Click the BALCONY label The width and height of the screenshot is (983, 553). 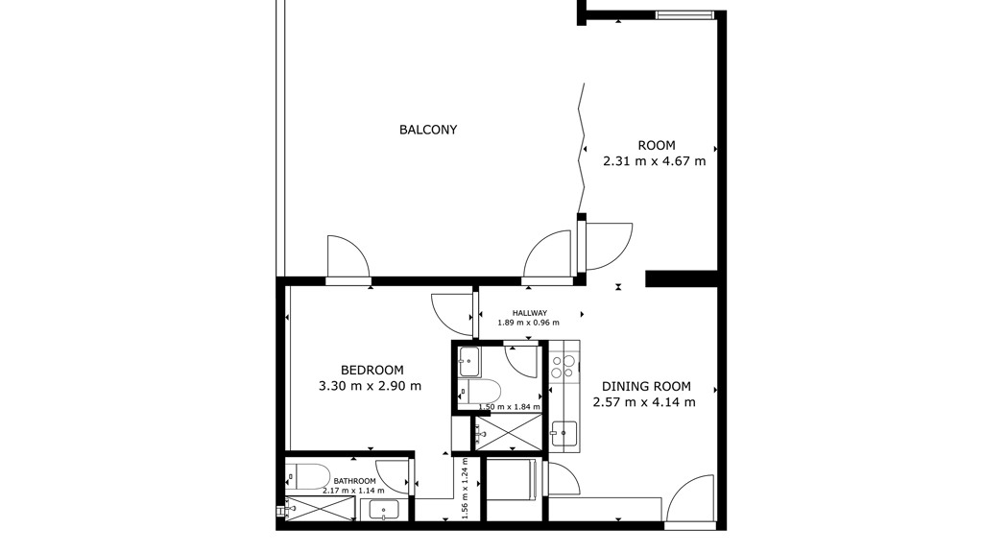(428, 130)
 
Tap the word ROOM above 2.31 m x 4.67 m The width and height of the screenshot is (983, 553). (657, 146)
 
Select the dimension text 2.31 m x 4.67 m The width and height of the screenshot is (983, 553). (655, 161)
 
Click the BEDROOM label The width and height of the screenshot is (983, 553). (372, 370)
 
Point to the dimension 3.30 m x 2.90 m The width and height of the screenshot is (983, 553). (370, 386)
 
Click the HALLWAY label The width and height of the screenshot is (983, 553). (530, 313)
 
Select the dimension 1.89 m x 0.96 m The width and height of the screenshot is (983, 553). (529, 323)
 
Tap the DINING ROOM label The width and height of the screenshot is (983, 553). (646, 386)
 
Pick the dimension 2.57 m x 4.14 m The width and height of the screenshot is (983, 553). (644, 402)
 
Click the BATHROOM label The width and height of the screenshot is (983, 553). (355, 481)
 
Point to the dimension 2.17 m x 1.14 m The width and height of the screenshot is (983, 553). (354, 491)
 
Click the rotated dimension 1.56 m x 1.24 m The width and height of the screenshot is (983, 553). (466, 489)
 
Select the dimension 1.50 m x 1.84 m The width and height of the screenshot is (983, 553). (509, 406)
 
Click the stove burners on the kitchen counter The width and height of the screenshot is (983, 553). (563, 367)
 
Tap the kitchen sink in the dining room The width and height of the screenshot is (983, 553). (563, 433)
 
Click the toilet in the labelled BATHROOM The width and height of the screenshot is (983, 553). (307, 477)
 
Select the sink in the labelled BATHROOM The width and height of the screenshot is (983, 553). (383, 510)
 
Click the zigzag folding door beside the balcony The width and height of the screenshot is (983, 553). (582, 149)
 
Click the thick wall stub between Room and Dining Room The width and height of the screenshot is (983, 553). (682, 278)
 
